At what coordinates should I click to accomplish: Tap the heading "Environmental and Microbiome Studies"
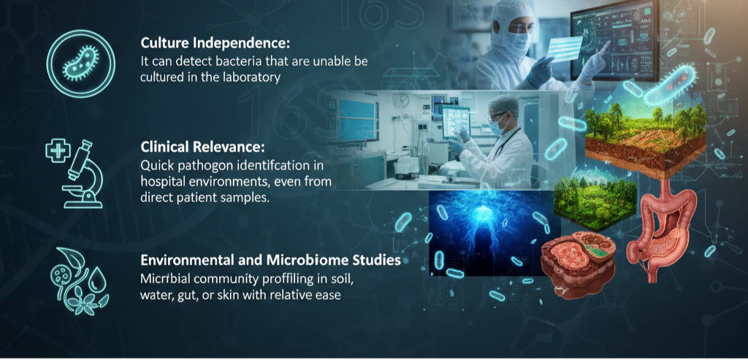pos(270,260)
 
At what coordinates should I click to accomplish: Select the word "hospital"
pos(162,183)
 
